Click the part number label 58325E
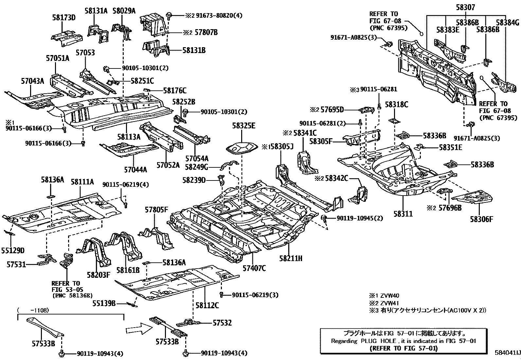coord(244,126)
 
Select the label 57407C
coord(254,269)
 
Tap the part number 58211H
coord(291,259)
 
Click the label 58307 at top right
coord(465,7)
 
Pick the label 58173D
coord(63,18)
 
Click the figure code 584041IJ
coord(507,353)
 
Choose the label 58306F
coord(481,219)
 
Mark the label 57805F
coord(156,210)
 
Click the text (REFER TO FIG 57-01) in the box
coord(403,348)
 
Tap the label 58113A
coord(129,137)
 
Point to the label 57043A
coord(32,81)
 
